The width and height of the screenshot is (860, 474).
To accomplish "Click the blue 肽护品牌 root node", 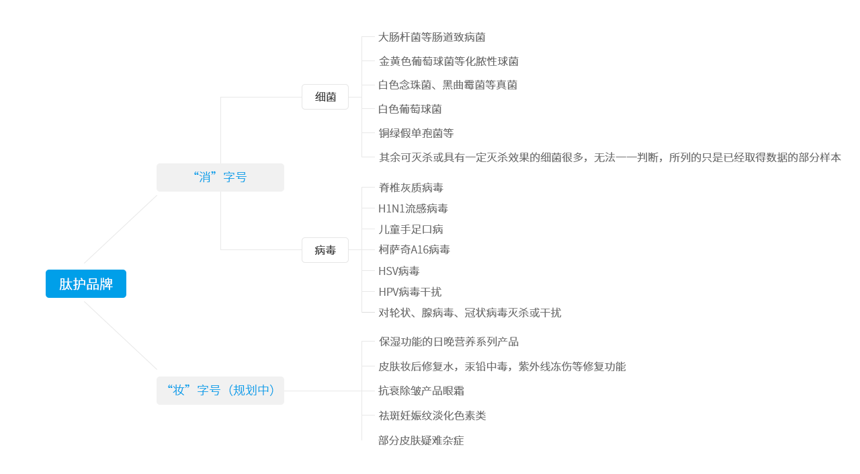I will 86,284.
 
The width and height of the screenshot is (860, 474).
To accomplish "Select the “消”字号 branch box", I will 220,177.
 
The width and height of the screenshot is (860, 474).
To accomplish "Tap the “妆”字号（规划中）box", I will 220,391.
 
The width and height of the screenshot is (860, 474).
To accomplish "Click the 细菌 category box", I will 325,97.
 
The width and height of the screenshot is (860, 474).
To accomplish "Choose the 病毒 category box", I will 325,250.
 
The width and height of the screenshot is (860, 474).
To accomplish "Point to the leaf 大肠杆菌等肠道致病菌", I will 431,37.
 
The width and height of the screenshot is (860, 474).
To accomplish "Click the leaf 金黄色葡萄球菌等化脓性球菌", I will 448,61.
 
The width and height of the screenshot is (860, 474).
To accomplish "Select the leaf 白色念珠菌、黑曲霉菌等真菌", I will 447,85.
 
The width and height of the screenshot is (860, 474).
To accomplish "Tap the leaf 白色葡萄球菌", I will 410,109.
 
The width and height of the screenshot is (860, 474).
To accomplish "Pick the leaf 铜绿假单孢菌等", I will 416,133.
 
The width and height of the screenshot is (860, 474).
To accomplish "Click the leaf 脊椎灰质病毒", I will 411,188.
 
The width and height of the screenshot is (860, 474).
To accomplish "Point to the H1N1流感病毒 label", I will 413,208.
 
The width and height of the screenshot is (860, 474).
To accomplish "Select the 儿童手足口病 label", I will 411,229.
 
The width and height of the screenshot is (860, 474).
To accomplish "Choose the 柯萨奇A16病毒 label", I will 414,250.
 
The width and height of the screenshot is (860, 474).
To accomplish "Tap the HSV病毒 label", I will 399,271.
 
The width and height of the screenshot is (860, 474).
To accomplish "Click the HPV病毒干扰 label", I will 409,292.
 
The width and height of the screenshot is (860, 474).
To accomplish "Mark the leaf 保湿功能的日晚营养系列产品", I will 448,342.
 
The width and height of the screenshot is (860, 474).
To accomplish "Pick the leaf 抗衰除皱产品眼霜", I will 421,391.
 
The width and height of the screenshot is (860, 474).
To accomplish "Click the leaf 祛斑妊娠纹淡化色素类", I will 431,416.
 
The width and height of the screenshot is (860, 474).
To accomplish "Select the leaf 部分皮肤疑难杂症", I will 421,440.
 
